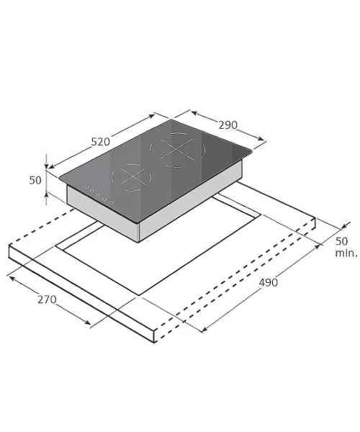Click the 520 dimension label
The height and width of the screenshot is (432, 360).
[101, 142]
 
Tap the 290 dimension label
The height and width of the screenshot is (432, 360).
[228, 125]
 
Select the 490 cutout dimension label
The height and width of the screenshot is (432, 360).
[268, 282]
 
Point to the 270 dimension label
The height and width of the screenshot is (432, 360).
[47, 300]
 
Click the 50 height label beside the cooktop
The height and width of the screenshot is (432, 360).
[35, 180]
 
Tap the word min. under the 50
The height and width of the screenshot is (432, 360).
[346, 253]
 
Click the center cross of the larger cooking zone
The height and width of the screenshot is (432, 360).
[176, 150]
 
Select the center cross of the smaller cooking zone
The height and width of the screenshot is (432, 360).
[133, 176]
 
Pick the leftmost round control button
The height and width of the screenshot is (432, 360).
[87, 187]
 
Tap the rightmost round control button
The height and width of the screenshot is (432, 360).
[112, 203]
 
